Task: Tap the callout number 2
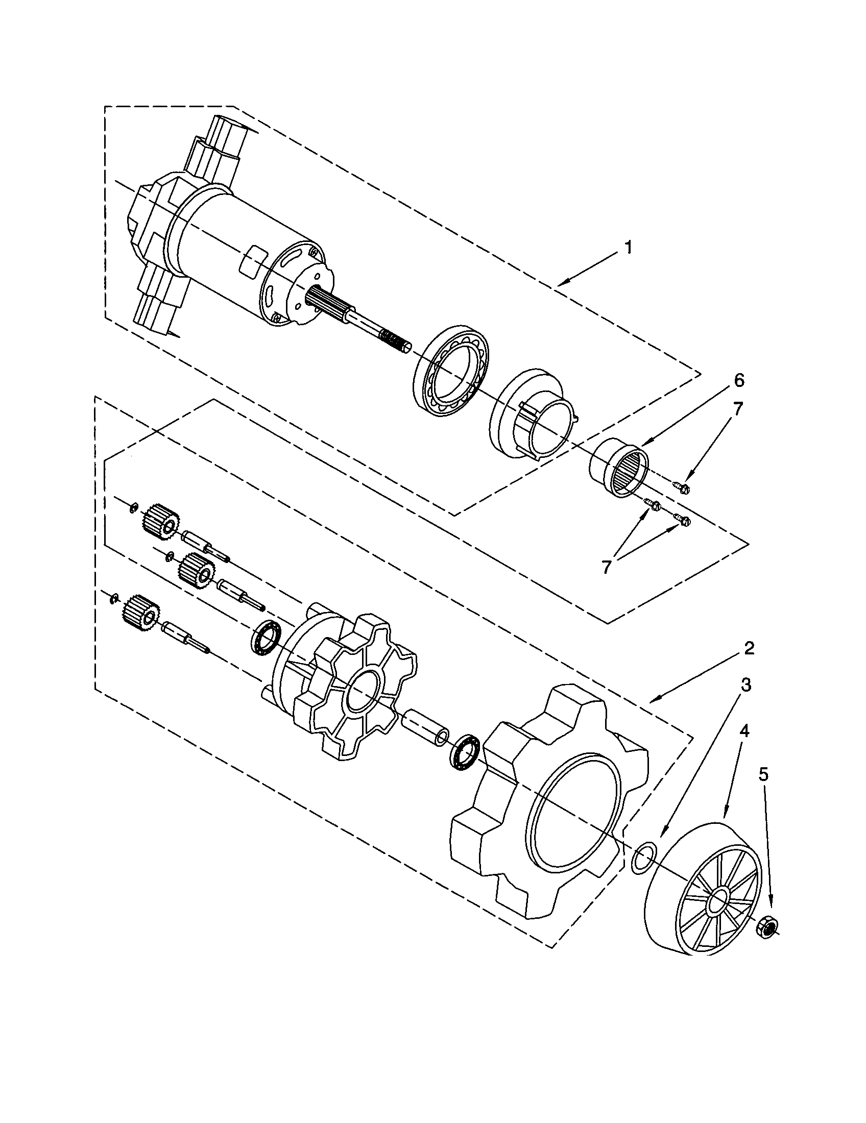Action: [x=749, y=648]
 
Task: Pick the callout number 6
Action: [x=738, y=381]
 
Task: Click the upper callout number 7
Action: [x=738, y=409]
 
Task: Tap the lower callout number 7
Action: [x=606, y=567]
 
